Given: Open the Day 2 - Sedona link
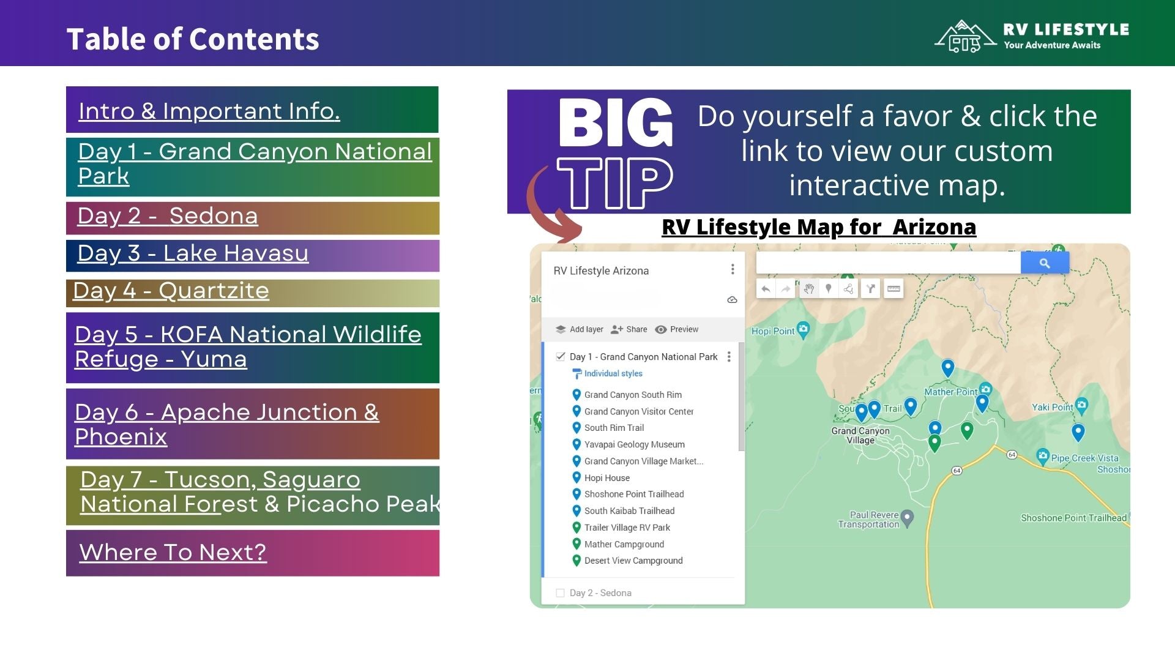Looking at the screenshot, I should [168, 216].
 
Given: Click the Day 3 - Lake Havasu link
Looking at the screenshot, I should [193, 253].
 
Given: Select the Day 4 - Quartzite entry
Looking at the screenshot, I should [171, 291].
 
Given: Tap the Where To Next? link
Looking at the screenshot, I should [173, 552].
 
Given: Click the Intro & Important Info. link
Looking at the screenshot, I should [209, 111].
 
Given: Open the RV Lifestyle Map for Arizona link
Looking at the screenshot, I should [818, 227].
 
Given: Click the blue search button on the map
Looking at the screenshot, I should [1045, 263].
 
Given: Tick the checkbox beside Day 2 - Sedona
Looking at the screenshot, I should [560, 593].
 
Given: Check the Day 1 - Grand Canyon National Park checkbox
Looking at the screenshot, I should [561, 357].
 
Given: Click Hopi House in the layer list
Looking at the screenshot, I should [606, 478].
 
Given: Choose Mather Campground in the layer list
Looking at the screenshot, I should [624, 544].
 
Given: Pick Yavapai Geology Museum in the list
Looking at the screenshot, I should [634, 444].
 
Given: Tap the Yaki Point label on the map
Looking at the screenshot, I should [1053, 407].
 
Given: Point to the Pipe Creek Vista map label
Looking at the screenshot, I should [1084, 458].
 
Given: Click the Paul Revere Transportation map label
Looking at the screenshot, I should [868, 520].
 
